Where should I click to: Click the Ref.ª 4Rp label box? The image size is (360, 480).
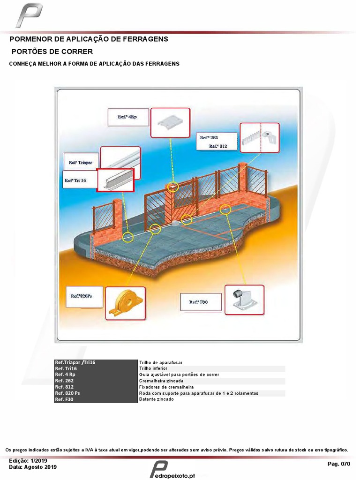[127, 117]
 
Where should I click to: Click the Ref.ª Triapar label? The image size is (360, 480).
[81, 162]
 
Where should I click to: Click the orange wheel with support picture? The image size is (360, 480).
[125, 303]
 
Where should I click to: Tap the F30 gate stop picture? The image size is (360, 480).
[244, 300]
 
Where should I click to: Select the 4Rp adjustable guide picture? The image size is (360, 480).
[170, 122]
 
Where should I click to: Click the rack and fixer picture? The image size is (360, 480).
[259, 138]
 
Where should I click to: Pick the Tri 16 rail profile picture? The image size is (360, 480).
[115, 180]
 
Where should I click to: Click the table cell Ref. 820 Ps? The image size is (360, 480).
[96, 393]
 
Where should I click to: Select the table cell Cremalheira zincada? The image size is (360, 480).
[211, 381]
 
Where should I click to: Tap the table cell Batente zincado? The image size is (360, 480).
[211, 399]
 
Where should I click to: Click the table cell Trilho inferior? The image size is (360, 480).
[211, 369]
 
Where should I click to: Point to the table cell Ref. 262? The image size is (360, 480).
[96, 381]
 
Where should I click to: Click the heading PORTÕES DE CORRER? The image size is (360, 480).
[52, 51]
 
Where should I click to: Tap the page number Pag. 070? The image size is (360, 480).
[338, 464]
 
